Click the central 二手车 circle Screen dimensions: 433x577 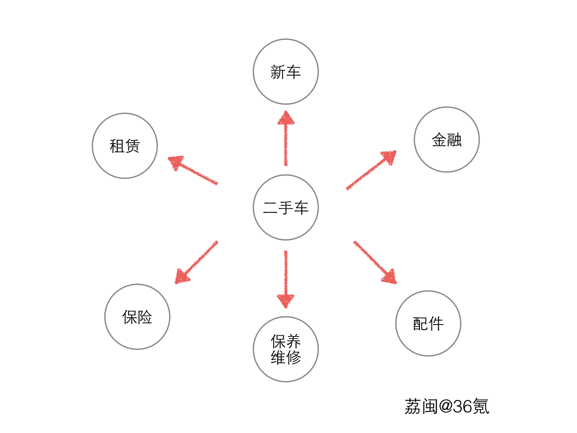286,207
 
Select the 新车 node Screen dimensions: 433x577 286,72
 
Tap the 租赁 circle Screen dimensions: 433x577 125,146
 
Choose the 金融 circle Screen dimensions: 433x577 446,139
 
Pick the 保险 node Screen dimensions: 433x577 137,317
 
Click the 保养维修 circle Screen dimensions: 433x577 286,349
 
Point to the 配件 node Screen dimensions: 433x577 428,323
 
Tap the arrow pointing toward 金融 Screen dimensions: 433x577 371,170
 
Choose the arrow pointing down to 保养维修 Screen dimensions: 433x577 286,279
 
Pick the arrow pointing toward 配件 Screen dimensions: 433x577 375,262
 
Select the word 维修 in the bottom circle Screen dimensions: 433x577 286,357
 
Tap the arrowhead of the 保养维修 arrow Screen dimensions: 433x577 286,300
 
